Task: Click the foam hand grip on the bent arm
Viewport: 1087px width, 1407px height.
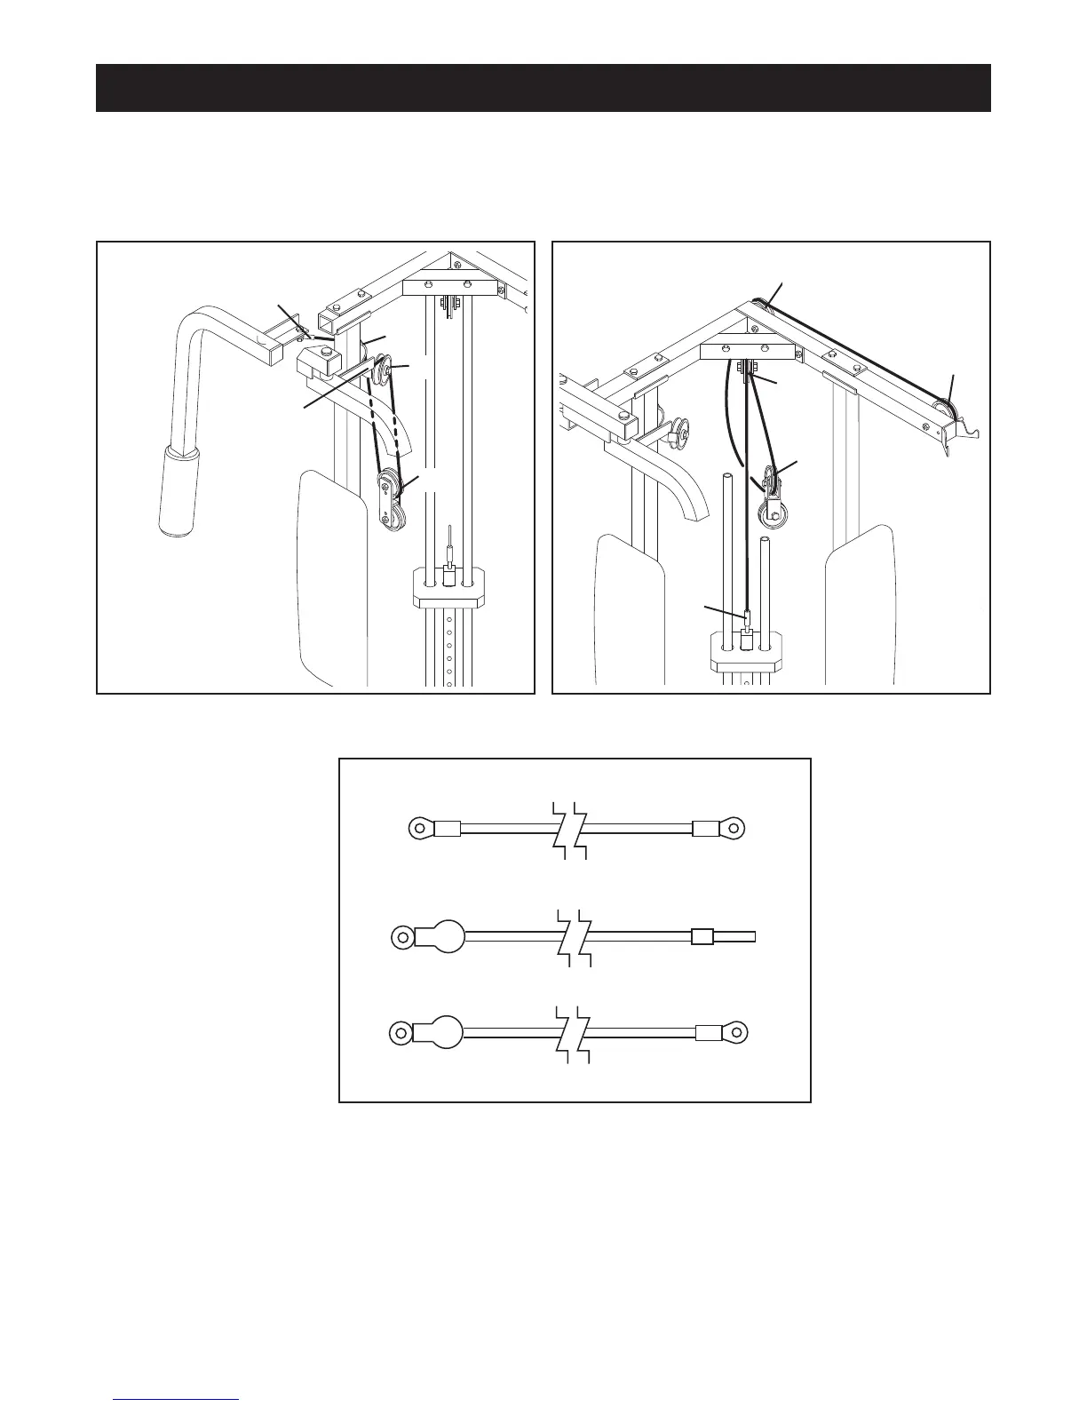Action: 179,492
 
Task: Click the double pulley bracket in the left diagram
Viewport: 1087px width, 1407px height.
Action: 390,503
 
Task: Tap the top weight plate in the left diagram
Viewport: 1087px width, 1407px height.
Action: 449,589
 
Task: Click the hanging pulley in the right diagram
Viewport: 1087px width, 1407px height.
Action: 768,516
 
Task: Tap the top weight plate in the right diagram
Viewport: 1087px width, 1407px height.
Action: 746,650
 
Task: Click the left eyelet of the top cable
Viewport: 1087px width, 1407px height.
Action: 420,829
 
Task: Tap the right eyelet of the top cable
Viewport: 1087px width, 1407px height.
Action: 733,829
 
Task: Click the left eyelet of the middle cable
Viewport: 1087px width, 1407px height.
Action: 402,936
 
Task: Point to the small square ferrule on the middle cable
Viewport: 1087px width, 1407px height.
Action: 702,936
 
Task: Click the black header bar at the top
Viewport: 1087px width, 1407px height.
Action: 543,88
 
